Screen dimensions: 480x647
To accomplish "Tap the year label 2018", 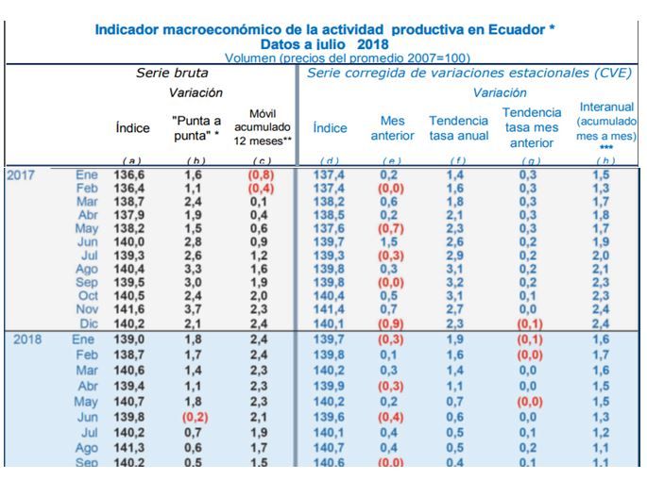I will coord(29,339).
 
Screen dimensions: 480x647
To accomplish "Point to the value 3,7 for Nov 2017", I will coord(194,308).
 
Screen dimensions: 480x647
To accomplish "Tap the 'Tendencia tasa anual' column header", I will coord(459,127).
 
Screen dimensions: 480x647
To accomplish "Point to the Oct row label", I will coord(88,295).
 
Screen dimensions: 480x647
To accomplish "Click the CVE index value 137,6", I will coord(330,228).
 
